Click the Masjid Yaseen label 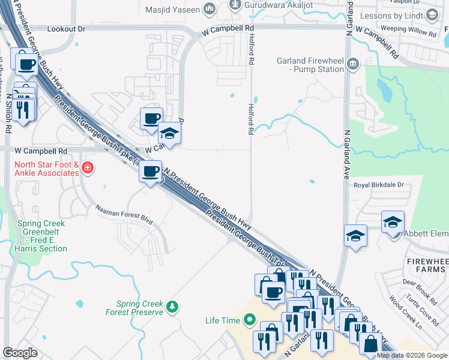173,9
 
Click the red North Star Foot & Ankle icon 88,167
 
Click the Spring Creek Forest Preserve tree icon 173,306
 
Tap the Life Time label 222,320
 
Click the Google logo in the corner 20,353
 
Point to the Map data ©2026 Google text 411,355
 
